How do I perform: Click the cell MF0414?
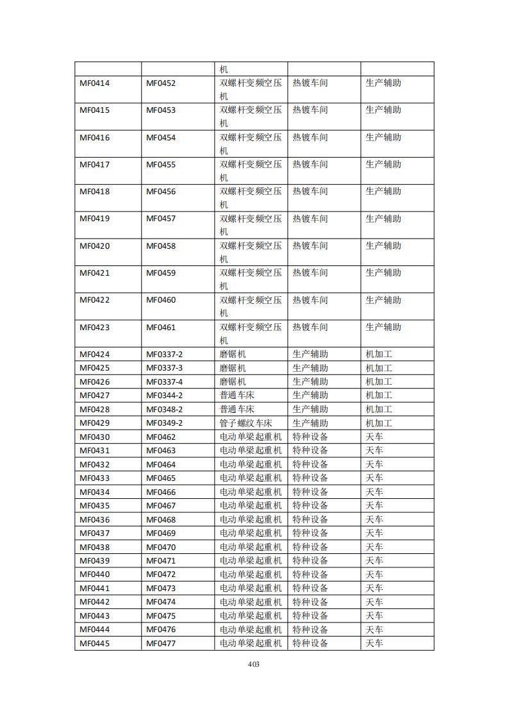coord(95,83)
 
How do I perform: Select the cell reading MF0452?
coord(161,83)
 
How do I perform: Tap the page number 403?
coord(253,664)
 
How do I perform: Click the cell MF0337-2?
coord(164,355)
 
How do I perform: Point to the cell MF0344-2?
coord(164,396)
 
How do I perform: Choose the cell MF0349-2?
coord(164,423)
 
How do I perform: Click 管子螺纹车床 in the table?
coord(246,423)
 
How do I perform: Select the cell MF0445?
coord(95,644)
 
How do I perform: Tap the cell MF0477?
coord(161,644)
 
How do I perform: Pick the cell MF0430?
coord(95,437)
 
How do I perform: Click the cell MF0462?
coord(161,437)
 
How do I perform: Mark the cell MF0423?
coord(95,328)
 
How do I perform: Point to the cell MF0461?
coord(161,328)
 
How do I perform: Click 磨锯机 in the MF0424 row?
coord(233,355)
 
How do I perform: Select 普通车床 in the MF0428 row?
coord(237,410)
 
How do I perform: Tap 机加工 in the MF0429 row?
coord(379,423)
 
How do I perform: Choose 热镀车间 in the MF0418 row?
coord(310,192)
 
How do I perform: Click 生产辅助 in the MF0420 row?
coord(383,246)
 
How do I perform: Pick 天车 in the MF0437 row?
coord(374,533)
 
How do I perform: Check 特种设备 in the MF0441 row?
coord(310,589)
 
